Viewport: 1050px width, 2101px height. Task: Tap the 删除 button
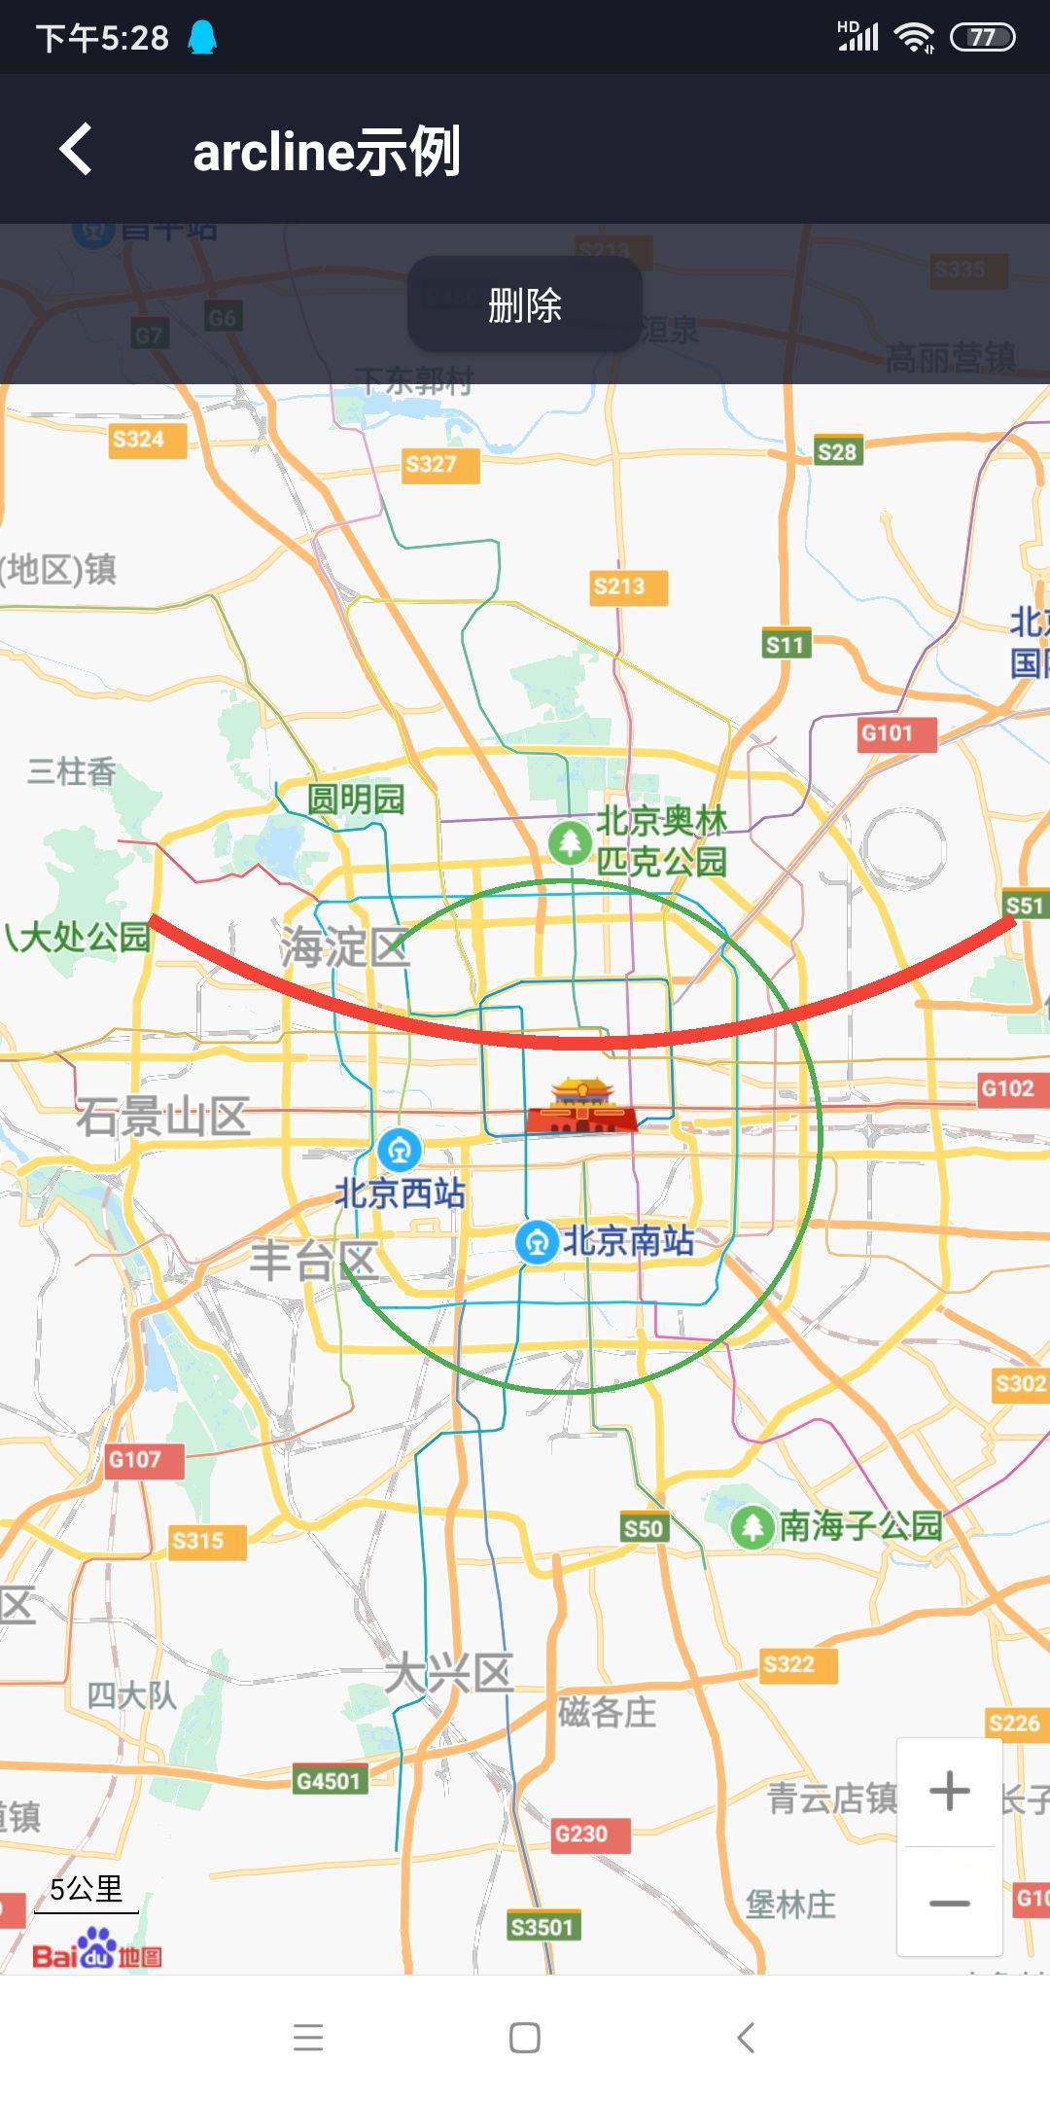525,304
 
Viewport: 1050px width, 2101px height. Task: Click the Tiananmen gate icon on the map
581,1106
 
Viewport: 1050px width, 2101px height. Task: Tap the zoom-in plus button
950,1791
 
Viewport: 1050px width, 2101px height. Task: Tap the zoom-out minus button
950,1903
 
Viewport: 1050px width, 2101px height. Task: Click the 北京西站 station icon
400,1150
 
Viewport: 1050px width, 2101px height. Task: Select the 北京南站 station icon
537,1242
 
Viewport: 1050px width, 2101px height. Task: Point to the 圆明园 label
356,800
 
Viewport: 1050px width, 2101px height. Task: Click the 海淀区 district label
345,946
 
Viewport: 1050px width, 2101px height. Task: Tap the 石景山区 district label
163,1117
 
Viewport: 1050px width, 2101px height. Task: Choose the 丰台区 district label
313,1261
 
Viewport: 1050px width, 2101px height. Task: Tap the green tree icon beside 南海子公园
752,1526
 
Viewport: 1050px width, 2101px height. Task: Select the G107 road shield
136,1459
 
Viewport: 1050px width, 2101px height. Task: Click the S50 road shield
643,1528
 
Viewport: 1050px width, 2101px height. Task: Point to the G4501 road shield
329,1781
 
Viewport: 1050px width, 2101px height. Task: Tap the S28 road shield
836,451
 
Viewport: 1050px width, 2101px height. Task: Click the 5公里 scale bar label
87,1889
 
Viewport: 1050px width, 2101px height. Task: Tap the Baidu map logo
97,1950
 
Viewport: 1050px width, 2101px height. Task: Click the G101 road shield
889,733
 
